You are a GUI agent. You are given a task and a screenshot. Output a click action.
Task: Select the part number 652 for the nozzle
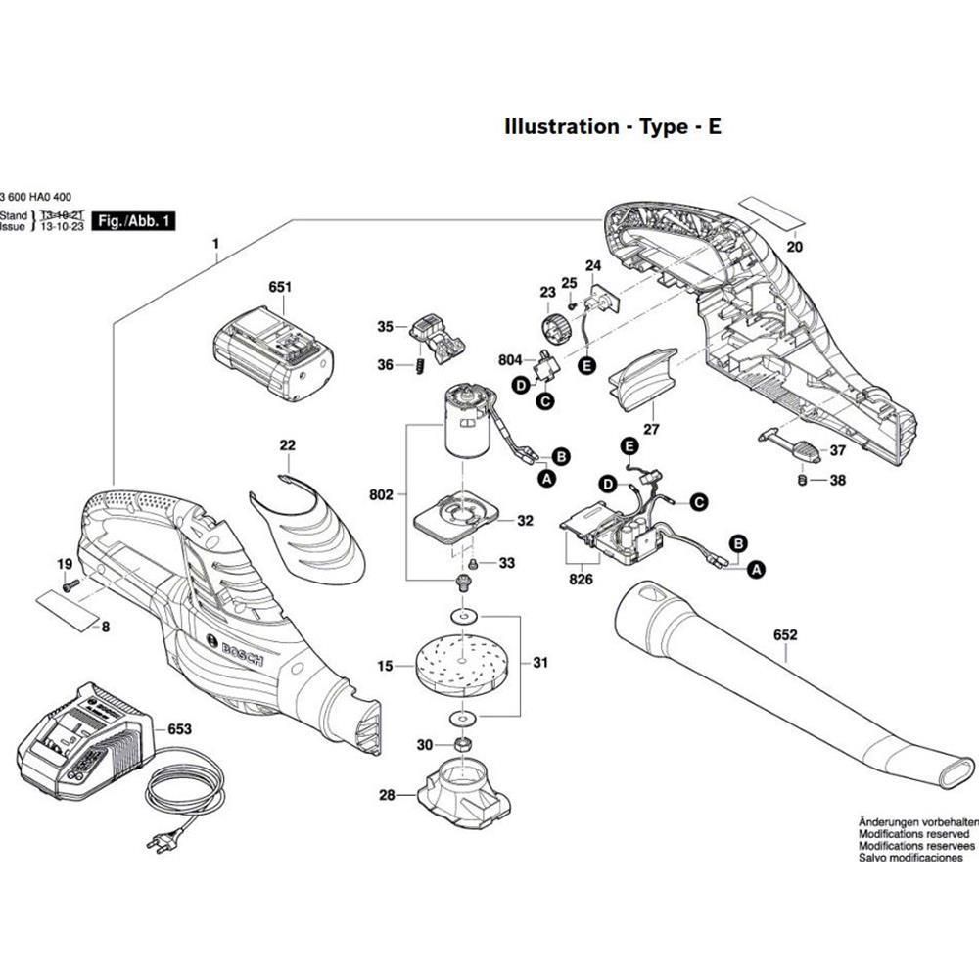point(785,635)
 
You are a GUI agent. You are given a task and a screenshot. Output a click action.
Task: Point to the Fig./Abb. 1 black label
point(132,221)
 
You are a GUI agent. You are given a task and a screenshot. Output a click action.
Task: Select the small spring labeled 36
point(414,364)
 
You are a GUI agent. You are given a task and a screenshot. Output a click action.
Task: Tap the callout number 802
point(382,495)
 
